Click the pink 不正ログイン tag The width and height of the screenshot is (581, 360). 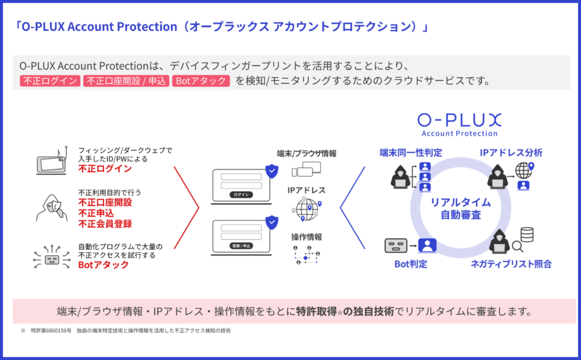(50, 81)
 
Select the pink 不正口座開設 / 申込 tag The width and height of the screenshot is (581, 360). (125, 81)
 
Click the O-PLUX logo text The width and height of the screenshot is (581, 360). (459, 120)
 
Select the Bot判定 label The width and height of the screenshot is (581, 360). (411, 265)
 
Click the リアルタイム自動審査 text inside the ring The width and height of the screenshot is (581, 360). (461, 209)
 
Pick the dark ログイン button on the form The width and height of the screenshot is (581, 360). (240, 195)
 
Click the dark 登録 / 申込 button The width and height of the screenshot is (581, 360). (240, 246)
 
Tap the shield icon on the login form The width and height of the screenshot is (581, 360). (271, 171)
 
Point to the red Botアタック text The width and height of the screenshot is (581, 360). (103, 265)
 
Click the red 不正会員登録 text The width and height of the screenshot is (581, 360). (105, 224)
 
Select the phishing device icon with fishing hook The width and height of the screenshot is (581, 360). (49, 160)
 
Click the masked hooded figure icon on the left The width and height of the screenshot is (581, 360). (50, 207)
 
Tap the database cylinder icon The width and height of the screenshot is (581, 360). (528, 235)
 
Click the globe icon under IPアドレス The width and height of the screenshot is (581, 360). (306, 208)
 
